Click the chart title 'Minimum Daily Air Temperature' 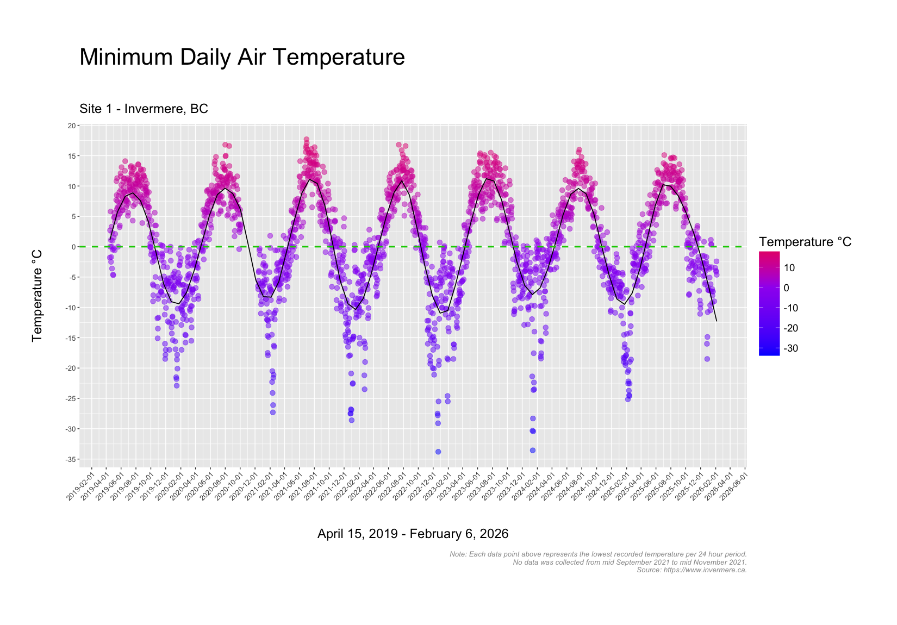[x=242, y=57]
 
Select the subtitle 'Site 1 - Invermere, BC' [x=144, y=109]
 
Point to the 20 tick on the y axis [x=71, y=126]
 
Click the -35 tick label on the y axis [x=70, y=460]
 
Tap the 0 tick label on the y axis [x=73, y=247]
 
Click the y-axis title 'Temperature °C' [x=37, y=296]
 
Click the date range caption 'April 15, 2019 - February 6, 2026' [x=413, y=534]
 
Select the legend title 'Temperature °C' [x=805, y=242]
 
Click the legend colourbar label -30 [x=791, y=348]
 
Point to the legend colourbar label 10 [x=790, y=268]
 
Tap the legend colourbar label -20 [x=791, y=328]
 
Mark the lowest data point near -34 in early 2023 [x=438, y=452]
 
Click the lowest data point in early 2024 [x=533, y=450]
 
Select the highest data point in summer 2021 [x=307, y=140]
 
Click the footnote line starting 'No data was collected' [x=630, y=562]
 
